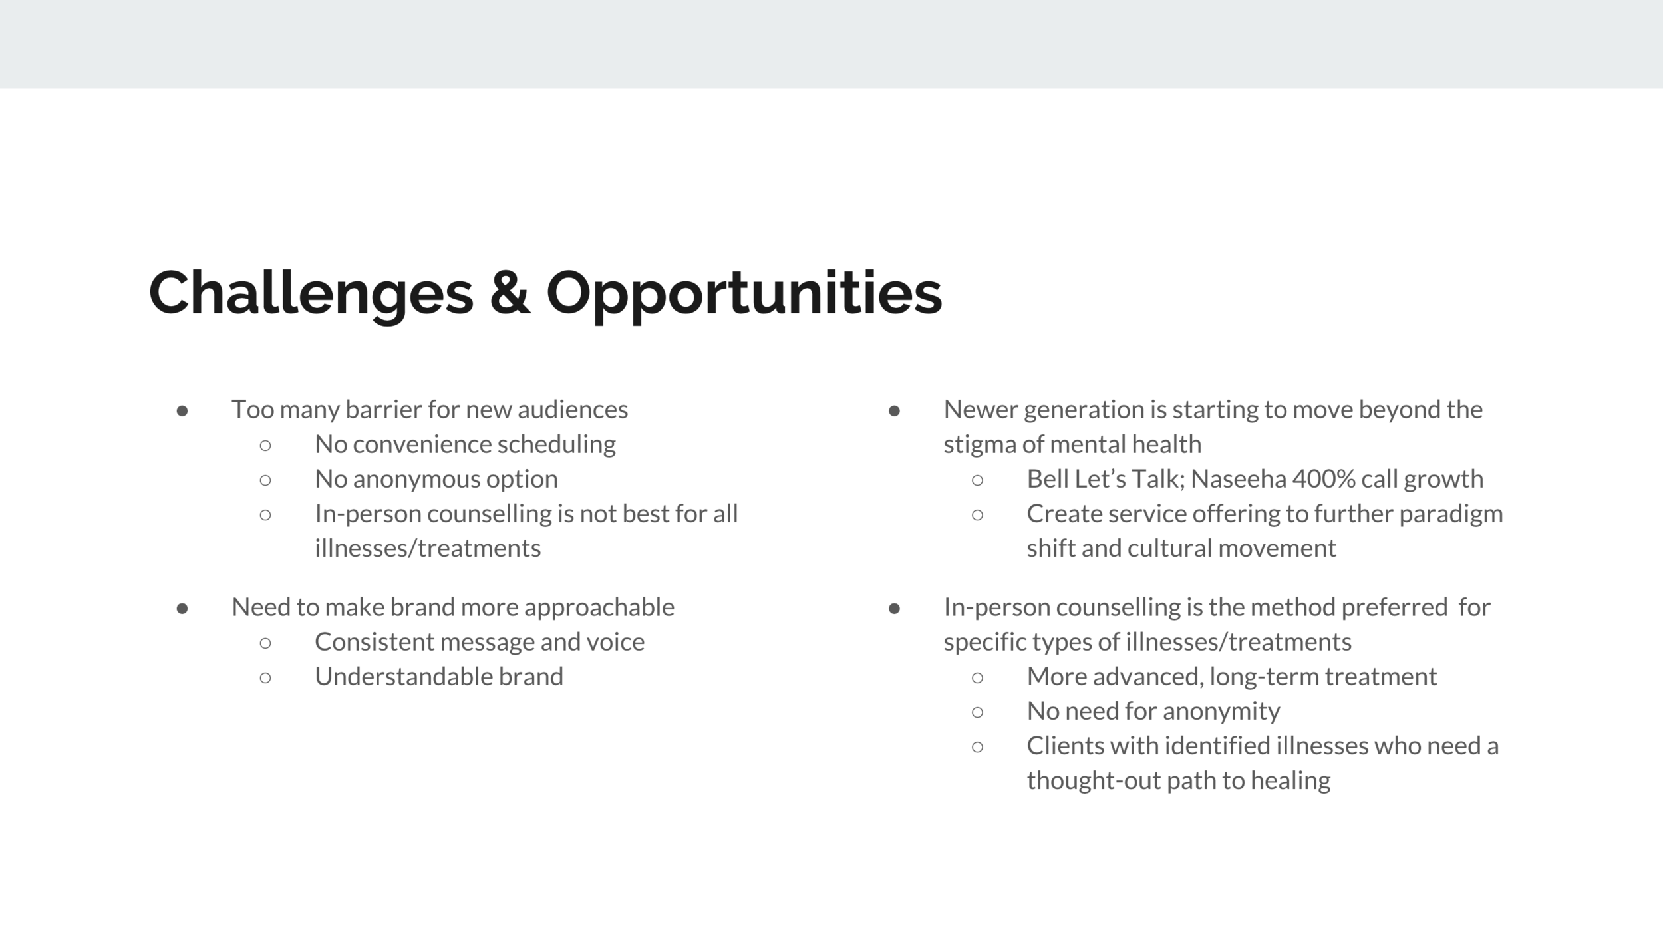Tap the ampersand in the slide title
click(510, 293)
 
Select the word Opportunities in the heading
click(744, 293)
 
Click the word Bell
click(1048, 479)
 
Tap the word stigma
click(979, 444)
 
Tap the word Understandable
click(403, 677)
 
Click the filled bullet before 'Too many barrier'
click(182, 411)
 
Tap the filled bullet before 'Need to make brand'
click(182, 609)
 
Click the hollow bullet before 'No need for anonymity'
click(977, 712)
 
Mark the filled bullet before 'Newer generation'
click(895, 411)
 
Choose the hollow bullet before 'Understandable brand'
click(265, 678)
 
